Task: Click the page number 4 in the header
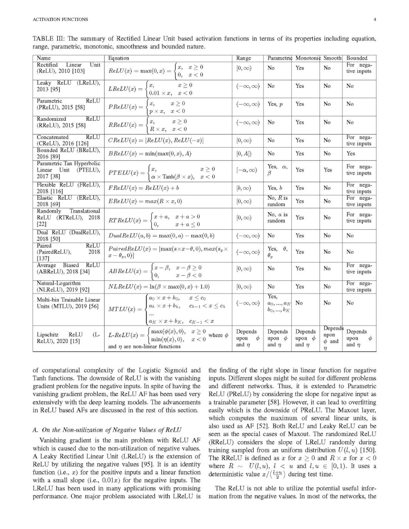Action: coord(374,19)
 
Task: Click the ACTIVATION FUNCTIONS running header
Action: coord(61,19)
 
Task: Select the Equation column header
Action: coord(119,58)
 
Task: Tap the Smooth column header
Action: coord(332,58)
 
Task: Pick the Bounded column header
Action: coord(357,58)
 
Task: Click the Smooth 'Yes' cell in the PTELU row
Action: coord(328,170)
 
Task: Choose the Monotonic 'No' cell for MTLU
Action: coord(299,303)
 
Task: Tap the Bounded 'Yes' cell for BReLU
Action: coord(351,153)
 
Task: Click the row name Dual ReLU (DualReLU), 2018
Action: coord(68,236)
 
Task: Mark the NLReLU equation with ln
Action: coord(159,287)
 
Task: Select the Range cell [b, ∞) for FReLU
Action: coord(244,188)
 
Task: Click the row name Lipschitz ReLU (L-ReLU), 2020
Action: coord(68,338)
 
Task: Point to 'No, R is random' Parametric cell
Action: coord(277,201)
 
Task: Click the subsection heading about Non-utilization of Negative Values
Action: coord(107,430)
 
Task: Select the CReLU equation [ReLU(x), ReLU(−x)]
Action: coord(156,140)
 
